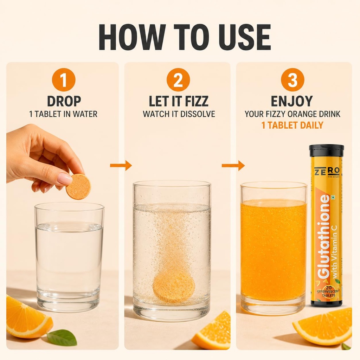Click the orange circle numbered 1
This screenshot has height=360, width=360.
pos(64,80)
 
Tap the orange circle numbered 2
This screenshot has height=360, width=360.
pos(178,80)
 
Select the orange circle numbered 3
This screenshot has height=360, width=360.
pos(292,80)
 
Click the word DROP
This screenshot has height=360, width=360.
pos(64,101)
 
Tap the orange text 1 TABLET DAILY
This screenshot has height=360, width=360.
pos(292,125)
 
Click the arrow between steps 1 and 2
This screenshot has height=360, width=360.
pos(121,165)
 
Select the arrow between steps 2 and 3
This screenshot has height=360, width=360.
pos(233,165)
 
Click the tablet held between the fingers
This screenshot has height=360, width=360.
pos(78,187)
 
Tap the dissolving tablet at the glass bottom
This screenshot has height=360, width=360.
pos(174,288)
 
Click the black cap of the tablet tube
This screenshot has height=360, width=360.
pos(326,151)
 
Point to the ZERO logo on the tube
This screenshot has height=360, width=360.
pos(327,172)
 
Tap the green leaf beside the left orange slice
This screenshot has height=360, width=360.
pos(62,337)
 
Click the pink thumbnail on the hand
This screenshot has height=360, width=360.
pos(65,178)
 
